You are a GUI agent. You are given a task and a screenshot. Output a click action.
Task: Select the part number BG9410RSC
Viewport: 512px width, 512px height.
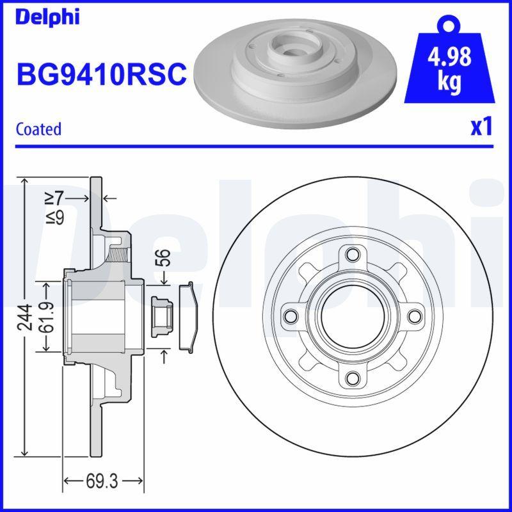(100, 75)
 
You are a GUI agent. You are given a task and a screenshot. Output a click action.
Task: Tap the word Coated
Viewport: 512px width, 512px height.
(38, 129)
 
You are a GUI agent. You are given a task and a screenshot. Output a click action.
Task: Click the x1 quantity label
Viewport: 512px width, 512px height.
(481, 127)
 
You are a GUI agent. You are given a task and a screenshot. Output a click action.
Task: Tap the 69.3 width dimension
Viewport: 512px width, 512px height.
(104, 480)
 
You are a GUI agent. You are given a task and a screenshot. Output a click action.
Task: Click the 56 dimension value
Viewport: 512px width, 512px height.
(164, 258)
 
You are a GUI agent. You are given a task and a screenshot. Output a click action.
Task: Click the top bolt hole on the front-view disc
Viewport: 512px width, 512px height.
(351, 253)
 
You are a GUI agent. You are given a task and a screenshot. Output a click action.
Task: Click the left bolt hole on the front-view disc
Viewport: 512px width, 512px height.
(290, 316)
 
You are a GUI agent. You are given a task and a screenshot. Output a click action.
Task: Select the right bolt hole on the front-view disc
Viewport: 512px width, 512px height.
(413, 316)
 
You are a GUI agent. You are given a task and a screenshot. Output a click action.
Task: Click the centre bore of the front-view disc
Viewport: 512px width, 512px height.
(351, 316)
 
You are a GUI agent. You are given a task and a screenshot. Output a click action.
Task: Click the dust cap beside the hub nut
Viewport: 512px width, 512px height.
(187, 316)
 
